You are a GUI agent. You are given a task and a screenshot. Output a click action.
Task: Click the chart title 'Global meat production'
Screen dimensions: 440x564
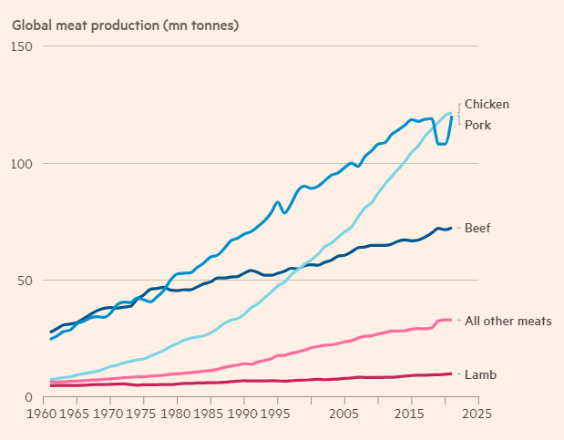(125, 24)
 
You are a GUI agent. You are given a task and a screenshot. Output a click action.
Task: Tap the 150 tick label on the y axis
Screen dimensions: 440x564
(22, 46)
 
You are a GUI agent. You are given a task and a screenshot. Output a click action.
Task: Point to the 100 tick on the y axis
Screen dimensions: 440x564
(22, 164)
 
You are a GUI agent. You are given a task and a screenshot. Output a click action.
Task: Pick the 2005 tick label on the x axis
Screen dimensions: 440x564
(344, 414)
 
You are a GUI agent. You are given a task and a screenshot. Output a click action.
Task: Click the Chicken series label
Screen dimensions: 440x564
(487, 105)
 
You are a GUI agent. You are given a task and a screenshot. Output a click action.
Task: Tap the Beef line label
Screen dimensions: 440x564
(477, 227)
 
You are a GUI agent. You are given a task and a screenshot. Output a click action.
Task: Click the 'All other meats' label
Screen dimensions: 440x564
(508, 321)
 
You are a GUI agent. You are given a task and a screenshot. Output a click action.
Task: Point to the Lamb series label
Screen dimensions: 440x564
(480, 374)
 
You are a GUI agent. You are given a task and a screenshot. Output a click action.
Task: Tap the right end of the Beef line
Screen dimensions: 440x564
(451, 228)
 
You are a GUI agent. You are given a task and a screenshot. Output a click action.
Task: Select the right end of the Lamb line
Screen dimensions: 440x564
(451, 373)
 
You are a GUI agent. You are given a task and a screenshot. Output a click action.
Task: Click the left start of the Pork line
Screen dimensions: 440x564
(50, 339)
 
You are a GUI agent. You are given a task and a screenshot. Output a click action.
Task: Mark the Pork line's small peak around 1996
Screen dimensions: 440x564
(277, 202)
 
